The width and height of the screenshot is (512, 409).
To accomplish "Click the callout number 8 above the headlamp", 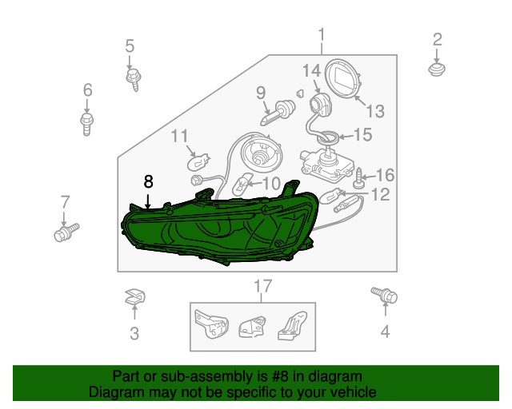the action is pyautogui.click(x=148, y=181).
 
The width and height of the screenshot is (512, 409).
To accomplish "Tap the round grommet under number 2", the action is pyautogui.click(x=437, y=69).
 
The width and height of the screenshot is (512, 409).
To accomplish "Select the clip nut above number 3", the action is pyautogui.click(x=135, y=296).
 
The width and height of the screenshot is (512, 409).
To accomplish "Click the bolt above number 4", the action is pyautogui.click(x=384, y=295).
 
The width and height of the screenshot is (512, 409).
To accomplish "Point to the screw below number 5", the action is pyautogui.click(x=134, y=79).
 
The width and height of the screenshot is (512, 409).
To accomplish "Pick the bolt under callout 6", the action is pyautogui.click(x=87, y=124).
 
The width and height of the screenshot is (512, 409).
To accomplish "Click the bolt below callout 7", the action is pyautogui.click(x=66, y=232).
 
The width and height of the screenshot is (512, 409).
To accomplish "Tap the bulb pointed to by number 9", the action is pyautogui.click(x=278, y=113).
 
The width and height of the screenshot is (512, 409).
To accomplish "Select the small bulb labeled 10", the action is pyautogui.click(x=242, y=185).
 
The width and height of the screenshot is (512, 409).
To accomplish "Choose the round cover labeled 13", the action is pyautogui.click(x=343, y=78).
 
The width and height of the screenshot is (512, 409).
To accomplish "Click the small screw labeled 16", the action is pyautogui.click(x=358, y=178).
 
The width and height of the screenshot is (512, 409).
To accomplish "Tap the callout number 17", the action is pyautogui.click(x=263, y=286).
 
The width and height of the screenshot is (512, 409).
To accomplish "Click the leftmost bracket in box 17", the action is pyautogui.click(x=211, y=324).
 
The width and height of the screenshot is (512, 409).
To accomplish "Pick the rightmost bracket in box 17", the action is pyautogui.click(x=293, y=325).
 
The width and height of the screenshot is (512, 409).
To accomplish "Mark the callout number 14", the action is pyautogui.click(x=311, y=71).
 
